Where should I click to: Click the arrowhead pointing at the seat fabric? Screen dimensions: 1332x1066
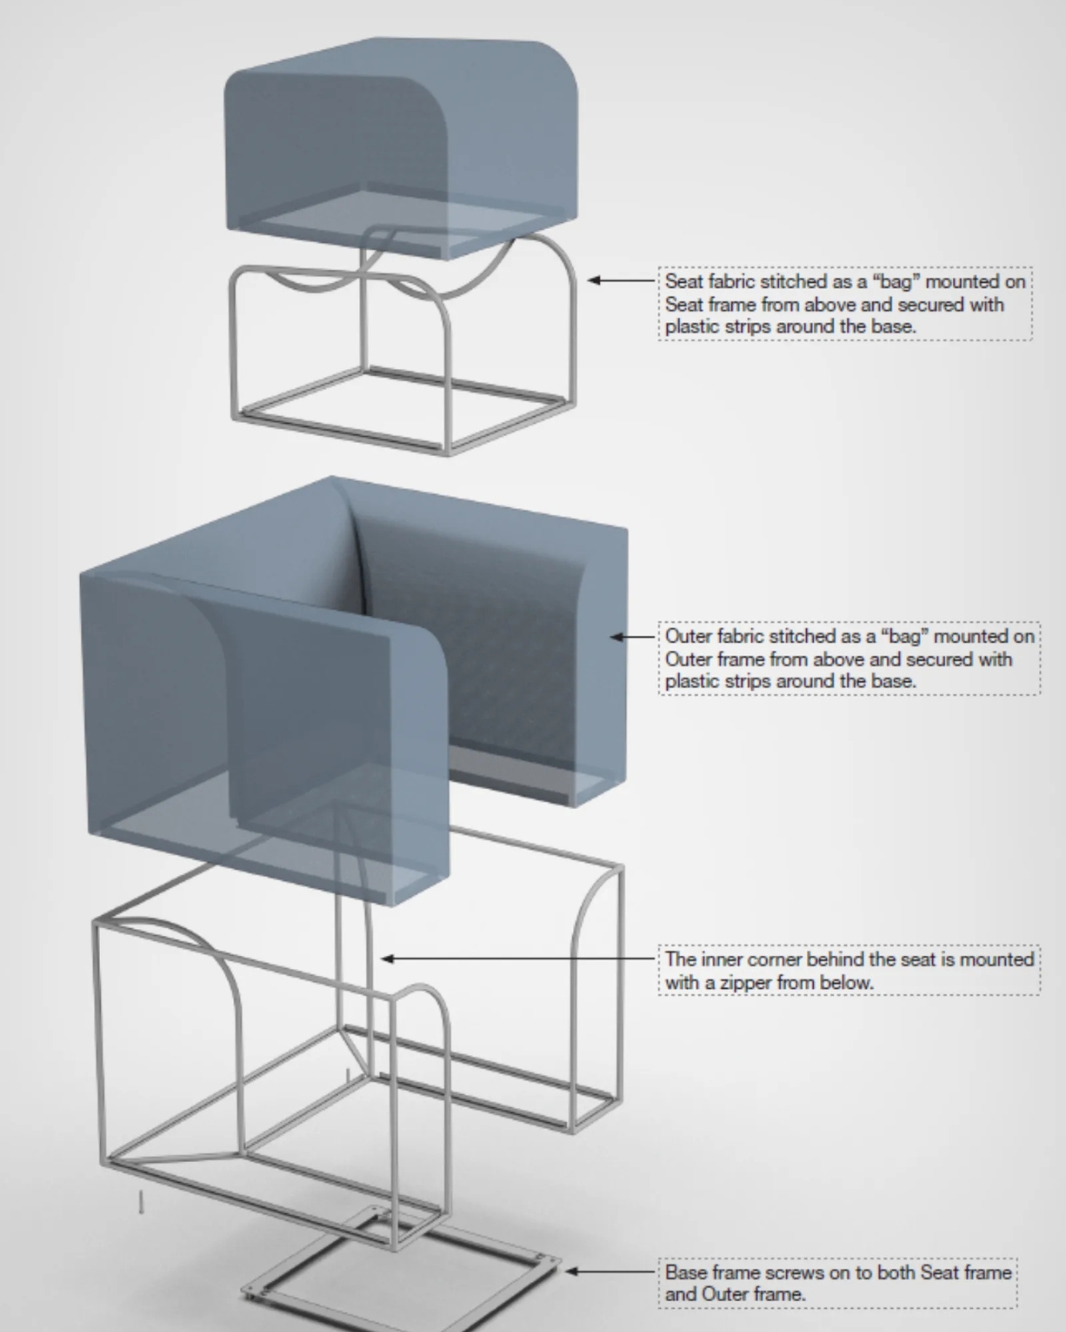click(594, 281)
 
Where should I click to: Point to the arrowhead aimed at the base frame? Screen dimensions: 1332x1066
click(570, 1271)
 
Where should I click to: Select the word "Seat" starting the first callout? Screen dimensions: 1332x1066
click(685, 281)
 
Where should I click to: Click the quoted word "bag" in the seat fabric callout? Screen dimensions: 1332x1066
click(896, 281)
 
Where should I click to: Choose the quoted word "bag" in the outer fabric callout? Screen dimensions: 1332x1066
click(904, 637)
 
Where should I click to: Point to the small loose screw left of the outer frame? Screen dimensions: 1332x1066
click(142, 1201)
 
